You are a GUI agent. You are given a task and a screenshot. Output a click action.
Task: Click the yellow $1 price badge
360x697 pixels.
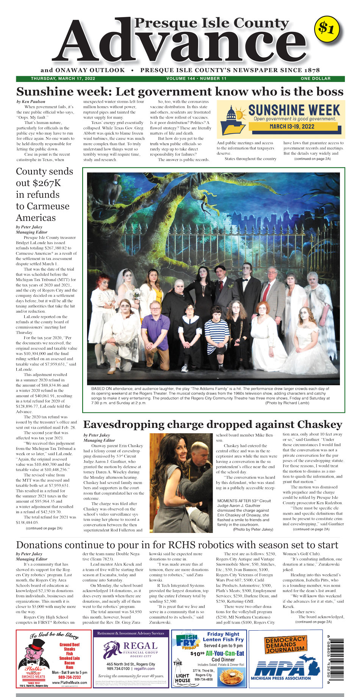point(326,28)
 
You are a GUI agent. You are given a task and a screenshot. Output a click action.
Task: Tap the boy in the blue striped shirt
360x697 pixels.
point(216,334)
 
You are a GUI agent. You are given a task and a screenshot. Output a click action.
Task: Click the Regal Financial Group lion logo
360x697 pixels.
point(112,650)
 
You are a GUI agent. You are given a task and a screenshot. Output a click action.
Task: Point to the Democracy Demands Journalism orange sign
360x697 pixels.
point(285,644)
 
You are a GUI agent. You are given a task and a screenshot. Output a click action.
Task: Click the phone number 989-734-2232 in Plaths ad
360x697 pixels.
point(69,677)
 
